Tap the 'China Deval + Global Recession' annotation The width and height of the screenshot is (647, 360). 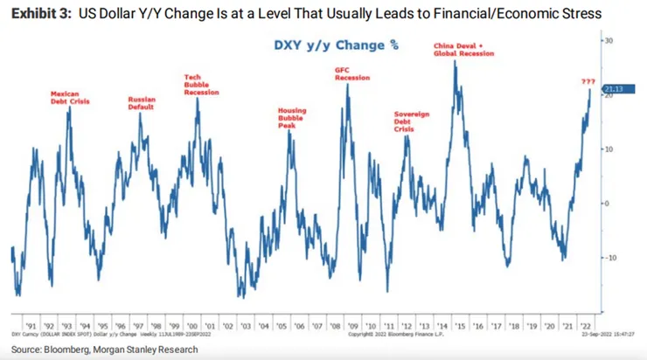[463, 49]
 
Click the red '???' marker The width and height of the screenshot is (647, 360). [588, 81]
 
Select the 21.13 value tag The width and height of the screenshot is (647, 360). [611, 88]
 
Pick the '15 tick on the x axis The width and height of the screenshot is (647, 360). [457, 321]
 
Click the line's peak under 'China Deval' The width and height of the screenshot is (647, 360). [456, 62]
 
